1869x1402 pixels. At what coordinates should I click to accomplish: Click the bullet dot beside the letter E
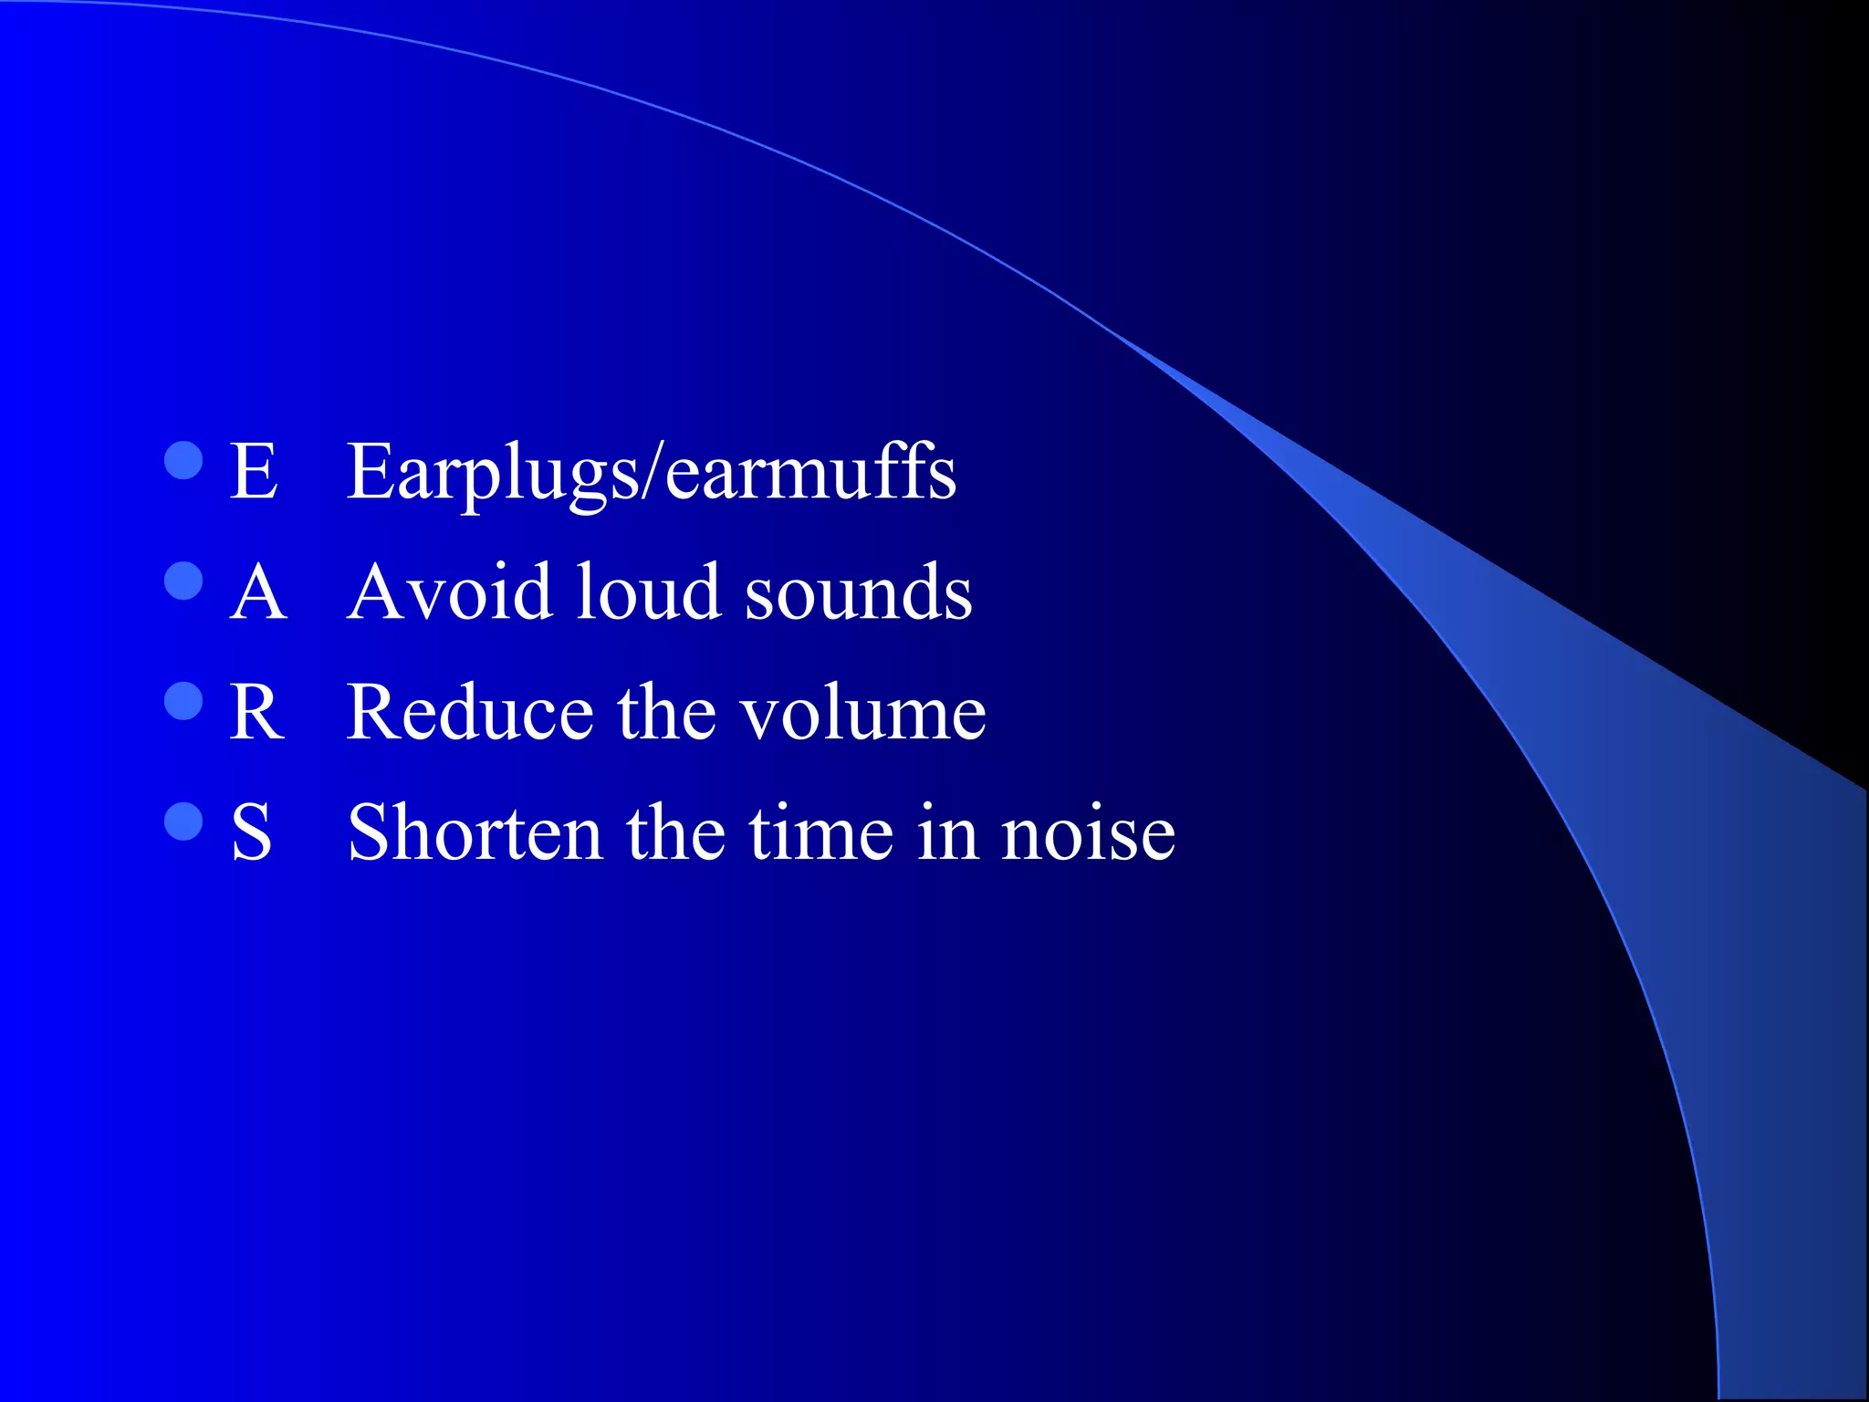coord(183,461)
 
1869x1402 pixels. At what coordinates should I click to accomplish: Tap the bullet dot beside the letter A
coord(183,581)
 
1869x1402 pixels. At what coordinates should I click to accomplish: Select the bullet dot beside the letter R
coord(183,701)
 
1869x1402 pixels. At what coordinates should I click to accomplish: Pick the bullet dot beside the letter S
coord(183,821)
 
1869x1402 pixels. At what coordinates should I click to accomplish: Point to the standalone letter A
coord(258,591)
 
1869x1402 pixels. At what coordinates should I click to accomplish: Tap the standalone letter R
coord(257,712)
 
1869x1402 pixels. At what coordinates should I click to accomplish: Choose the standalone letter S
coord(252,832)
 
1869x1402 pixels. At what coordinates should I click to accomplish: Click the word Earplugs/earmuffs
coord(652,473)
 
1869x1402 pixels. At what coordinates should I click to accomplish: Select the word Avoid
coord(450,591)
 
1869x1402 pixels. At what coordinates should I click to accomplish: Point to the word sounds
coord(858,593)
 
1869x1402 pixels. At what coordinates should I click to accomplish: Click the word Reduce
coord(470,712)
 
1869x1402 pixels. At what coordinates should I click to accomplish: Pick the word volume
coord(863,714)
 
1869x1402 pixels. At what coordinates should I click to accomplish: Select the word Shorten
coord(475,832)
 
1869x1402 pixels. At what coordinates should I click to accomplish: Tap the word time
coord(821,832)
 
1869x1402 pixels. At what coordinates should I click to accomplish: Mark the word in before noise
coord(947,832)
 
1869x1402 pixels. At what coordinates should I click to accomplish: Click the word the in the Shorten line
coord(676,832)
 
